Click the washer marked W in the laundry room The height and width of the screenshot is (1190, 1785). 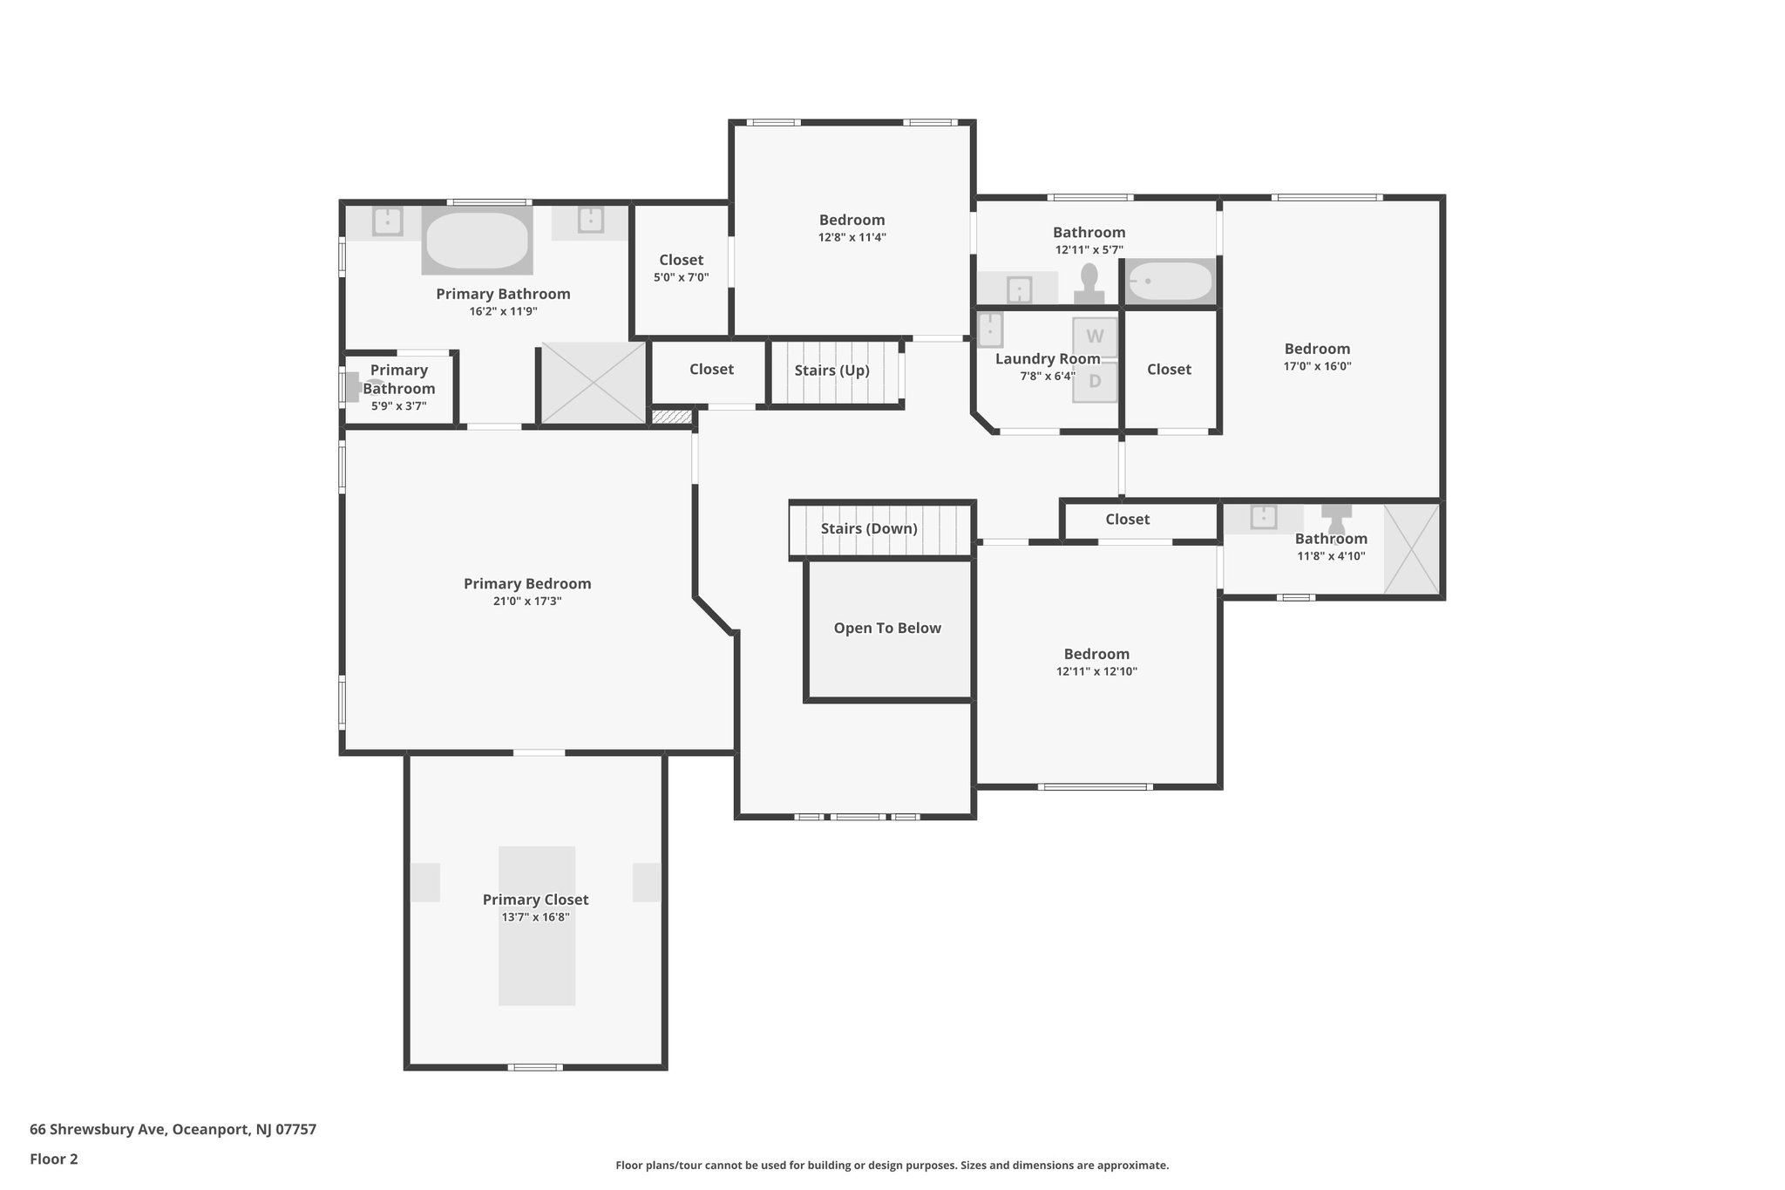point(1095,337)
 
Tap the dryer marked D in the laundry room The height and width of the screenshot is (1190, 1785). point(1095,382)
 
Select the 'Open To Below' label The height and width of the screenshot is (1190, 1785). point(887,628)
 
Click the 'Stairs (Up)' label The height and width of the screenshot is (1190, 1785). point(831,371)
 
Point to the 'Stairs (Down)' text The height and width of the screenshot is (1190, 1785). point(869,528)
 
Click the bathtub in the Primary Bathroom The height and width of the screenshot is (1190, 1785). point(477,240)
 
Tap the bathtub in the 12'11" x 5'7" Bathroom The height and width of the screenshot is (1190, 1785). point(1171,281)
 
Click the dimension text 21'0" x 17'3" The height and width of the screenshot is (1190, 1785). point(527,602)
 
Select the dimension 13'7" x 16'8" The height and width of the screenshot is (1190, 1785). point(535,917)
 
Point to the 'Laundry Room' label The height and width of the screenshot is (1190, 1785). point(1047,359)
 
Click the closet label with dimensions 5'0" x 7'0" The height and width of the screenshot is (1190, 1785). point(681,260)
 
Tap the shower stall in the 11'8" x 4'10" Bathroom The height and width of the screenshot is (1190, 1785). point(1412,549)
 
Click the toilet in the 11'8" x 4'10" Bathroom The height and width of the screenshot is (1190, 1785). point(1336,520)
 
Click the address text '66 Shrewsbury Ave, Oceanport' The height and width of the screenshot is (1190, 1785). point(173,1129)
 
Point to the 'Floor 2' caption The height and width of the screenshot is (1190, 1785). point(54,1159)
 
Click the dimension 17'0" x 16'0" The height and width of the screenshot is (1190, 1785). point(1317,366)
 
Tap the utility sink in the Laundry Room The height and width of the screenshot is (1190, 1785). point(990,330)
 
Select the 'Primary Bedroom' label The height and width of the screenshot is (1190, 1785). point(527,583)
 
